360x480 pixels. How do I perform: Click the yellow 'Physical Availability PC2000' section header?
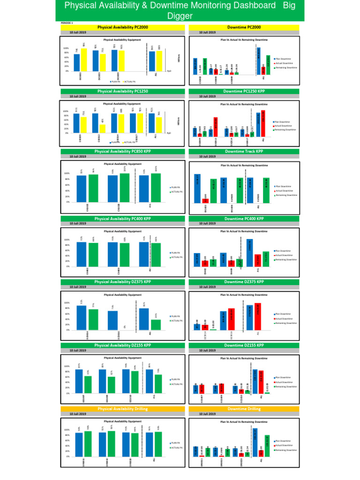click(122, 28)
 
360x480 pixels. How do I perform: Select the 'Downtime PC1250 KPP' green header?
click(243, 91)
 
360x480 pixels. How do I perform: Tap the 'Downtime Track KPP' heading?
click(243, 151)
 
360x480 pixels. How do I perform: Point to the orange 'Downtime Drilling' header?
click(243, 409)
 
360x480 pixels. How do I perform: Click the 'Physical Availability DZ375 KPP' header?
click(122, 282)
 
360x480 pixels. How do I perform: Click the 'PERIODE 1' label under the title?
click(67, 22)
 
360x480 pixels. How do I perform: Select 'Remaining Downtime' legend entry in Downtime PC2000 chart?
click(287, 67)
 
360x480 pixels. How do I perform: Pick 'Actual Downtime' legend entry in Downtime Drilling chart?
click(285, 445)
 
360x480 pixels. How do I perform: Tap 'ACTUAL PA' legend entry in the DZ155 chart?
click(176, 384)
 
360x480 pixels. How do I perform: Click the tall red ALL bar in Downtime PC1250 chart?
click(263, 123)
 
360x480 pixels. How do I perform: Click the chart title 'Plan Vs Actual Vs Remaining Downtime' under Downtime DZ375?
click(244, 295)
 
